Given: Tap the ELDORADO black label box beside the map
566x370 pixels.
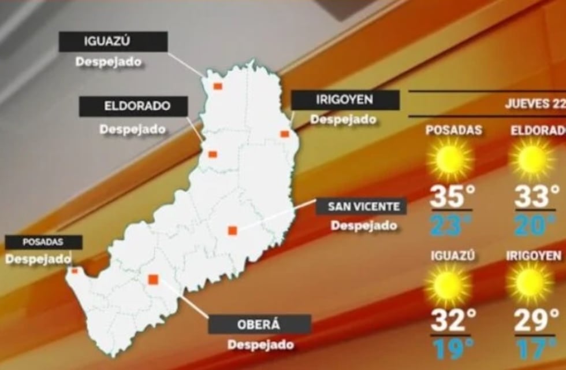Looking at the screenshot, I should (133, 106).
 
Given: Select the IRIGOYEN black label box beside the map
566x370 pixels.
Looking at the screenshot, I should (345, 100).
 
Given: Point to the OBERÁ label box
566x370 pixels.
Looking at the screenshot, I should (259, 324).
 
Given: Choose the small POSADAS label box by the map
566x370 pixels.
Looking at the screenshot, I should (43, 242).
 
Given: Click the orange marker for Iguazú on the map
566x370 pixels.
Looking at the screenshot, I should (218, 86).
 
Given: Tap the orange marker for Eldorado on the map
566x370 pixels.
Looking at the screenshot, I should (213, 154).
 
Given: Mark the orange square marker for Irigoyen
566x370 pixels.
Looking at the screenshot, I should (285, 134).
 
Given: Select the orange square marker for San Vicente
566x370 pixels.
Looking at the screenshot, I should (232, 230).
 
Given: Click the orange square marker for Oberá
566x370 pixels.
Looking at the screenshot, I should (153, 280).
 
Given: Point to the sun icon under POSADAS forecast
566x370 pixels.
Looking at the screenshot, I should (450, 159).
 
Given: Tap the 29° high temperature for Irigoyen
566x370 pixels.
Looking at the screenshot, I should (535, 320).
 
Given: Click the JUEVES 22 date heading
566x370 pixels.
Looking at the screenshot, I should (534, 104).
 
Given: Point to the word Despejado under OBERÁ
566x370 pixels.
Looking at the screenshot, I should (260, 345).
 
